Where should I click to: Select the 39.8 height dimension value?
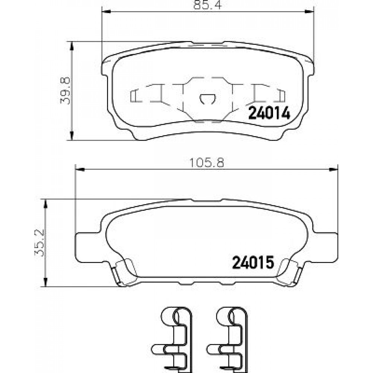click(65, 90)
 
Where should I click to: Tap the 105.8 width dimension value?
click(207, 163)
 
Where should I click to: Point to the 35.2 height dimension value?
click(40, 242)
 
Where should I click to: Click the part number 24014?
click(269, 113)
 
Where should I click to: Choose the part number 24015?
click(253, 262)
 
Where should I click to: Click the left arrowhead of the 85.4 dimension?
click(106, 12)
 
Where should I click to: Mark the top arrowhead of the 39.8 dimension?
click(71, 46)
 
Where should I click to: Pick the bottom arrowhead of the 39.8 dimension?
click(71, 136)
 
